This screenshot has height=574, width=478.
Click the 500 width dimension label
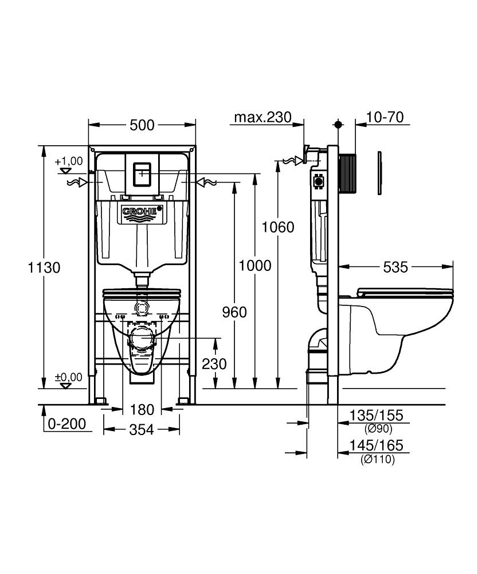(142, 125)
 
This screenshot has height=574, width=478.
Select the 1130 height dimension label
(44, 267)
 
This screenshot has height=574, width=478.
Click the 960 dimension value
(234, 312)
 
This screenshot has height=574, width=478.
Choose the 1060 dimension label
(278, 227)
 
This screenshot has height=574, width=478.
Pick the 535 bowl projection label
(395, 267)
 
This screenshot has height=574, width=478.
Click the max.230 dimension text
(262, 118)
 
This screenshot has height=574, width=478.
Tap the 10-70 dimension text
(385, 118)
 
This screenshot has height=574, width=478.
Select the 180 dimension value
(142, 409)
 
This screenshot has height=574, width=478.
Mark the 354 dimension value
(142, 429)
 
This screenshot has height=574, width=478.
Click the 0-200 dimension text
(66, 424)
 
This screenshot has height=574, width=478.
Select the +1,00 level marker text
(69, 161)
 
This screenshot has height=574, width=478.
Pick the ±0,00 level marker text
(68, 377)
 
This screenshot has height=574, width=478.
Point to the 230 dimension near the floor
(214, 364)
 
